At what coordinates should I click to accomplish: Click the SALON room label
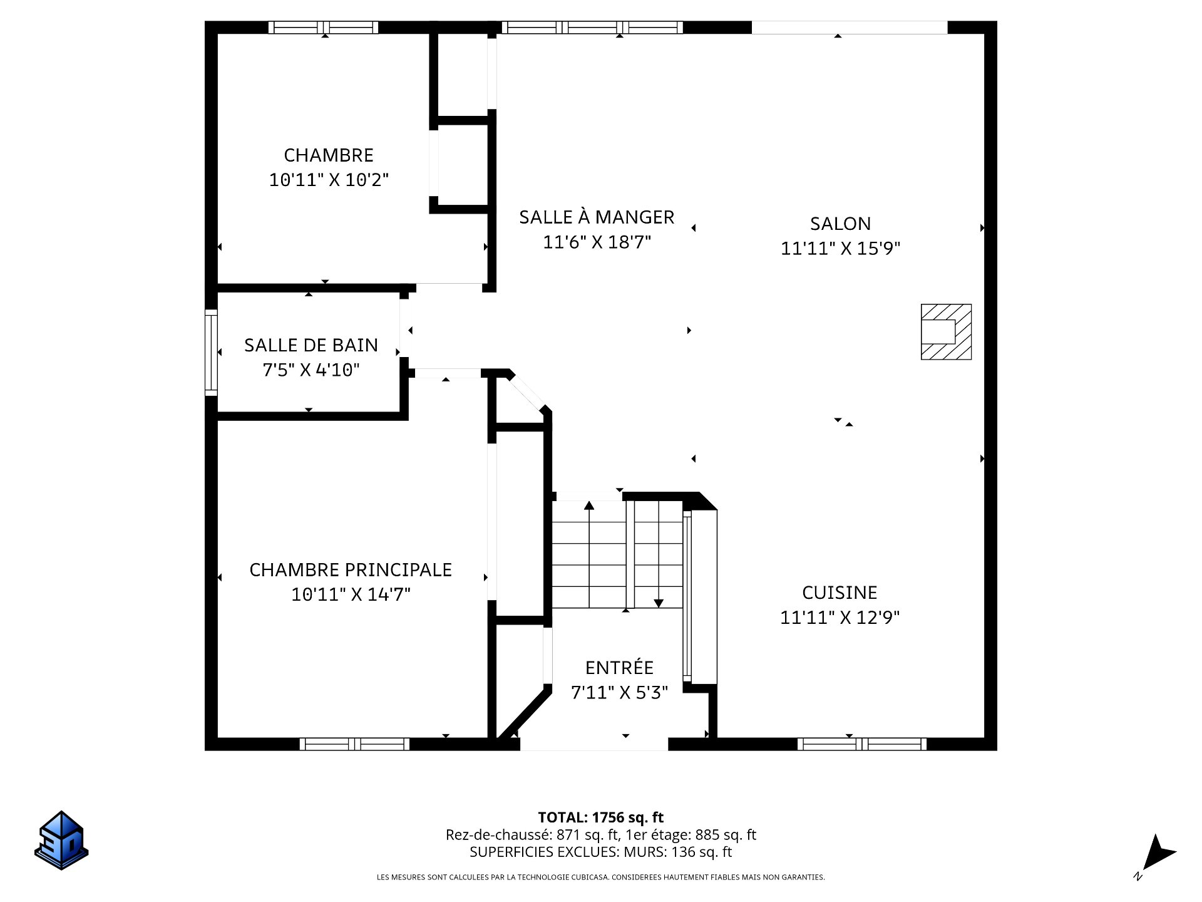840,224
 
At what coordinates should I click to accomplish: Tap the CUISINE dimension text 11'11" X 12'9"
840,618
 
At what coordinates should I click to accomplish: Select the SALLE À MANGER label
597,217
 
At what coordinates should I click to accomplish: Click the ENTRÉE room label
619,668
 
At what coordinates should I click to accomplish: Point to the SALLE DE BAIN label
311,345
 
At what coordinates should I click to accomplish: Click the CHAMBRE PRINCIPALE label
351,569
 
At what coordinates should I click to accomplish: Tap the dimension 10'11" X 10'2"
329,180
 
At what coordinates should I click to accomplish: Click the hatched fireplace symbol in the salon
946,332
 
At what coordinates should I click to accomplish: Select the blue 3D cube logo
61,841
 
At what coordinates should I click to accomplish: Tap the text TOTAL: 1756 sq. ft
600,817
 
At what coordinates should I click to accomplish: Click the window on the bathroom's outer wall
211,352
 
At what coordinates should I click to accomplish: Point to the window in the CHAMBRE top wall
323,28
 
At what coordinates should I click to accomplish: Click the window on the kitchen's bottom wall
861,744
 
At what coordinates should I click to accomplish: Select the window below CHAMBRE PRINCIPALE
354,744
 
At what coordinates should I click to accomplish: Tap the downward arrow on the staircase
658,601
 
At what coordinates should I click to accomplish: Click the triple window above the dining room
592,28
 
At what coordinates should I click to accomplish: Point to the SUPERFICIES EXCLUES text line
600,852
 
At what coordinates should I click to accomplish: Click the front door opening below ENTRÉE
593,745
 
